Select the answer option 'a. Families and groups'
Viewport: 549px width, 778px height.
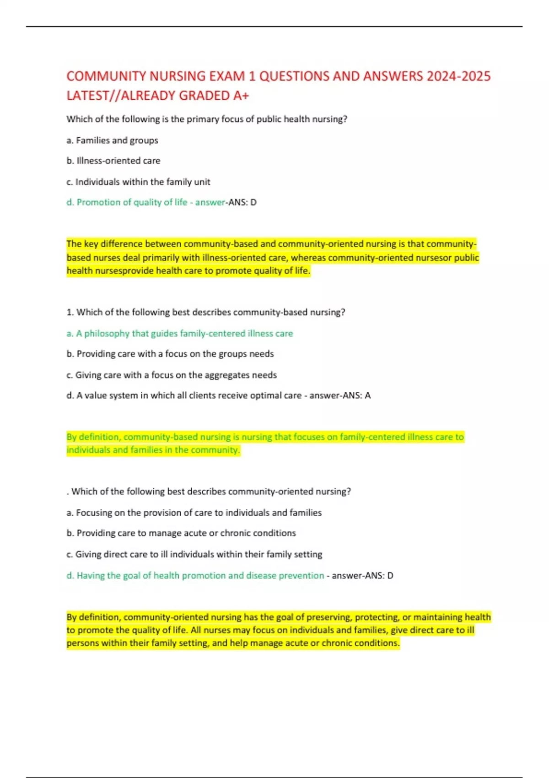pos(113,140)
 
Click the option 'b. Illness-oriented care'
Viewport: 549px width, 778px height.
pos(113,161)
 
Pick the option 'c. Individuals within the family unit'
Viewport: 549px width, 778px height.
pos(138,182)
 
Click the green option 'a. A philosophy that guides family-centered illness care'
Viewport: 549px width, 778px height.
pos(180,334)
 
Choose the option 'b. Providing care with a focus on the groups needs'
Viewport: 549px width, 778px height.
pos(170,354)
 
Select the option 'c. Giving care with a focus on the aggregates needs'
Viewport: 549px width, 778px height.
pos(172,375)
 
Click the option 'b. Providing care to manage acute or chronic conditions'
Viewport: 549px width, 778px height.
pos(181,533)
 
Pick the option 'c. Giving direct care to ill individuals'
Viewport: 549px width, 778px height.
pos(194,554)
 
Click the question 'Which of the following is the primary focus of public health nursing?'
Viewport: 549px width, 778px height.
pos(207,119)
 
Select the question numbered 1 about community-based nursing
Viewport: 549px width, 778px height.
pos(206,312)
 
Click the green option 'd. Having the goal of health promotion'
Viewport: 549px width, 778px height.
pos(195,575)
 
